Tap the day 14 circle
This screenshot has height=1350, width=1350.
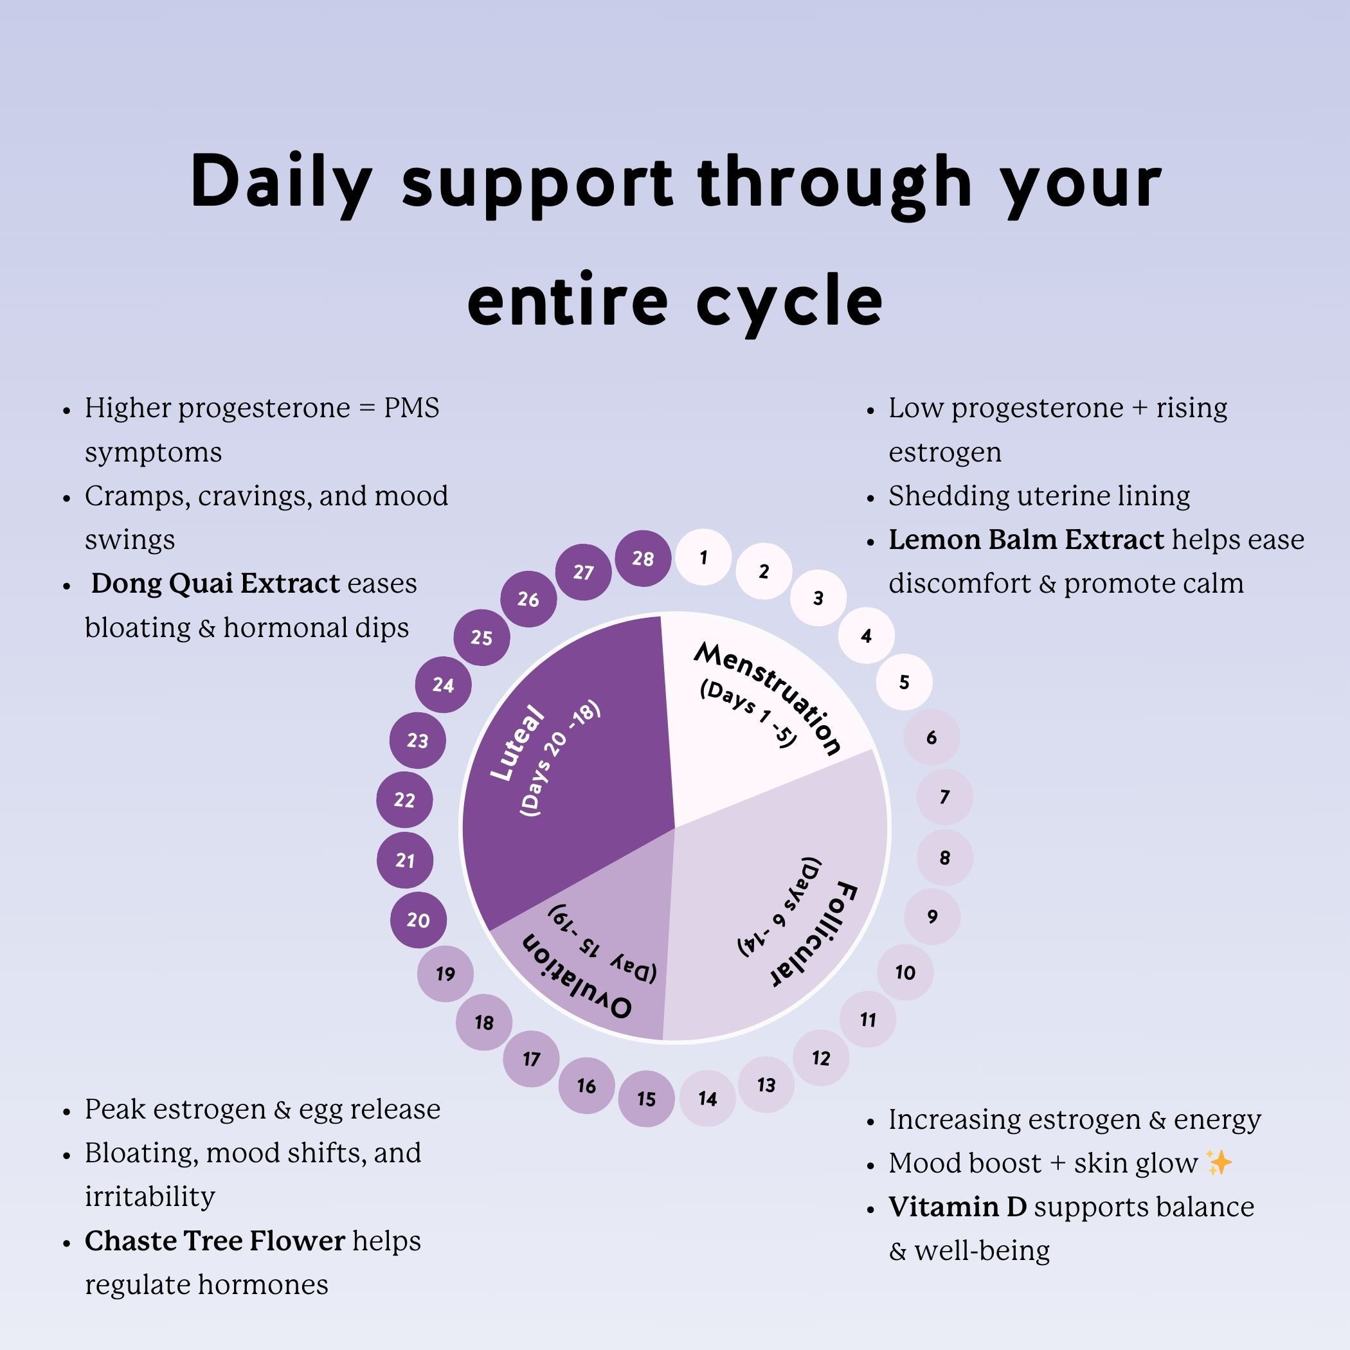pos(708,1099)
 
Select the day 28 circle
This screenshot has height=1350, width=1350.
pos(643,558)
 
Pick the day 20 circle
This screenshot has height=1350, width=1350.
pos(418,921)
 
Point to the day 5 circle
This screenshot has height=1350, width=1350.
pos(905,682)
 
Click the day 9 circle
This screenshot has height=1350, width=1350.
pos(932,917)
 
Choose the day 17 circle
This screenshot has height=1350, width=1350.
pos(531,1059)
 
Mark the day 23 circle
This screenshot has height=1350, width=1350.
pos(418,741)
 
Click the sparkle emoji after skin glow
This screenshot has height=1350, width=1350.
pos(1219,1163)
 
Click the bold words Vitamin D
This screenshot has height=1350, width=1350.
pos(957,1207)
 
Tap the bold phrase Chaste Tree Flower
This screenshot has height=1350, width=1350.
pos(215,1241)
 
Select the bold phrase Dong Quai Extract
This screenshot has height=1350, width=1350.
pos(215,584)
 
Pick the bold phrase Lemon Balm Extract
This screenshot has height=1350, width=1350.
pos(1026,539)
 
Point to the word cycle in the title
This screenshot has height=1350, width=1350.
pos(789,300)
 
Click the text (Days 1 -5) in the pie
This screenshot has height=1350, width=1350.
pos(748,713)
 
